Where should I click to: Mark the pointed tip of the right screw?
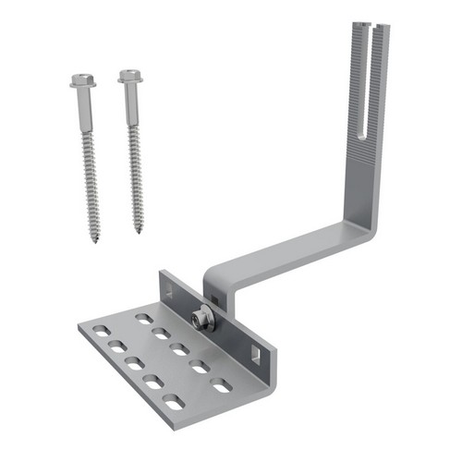click(x=140, y=231)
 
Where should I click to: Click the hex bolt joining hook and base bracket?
click(x=201, y=321)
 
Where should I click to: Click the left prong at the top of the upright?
click(x=360, y=37)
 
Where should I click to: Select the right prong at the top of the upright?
click(x=383, y=37)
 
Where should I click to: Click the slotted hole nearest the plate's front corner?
click(x=174, y=402)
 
